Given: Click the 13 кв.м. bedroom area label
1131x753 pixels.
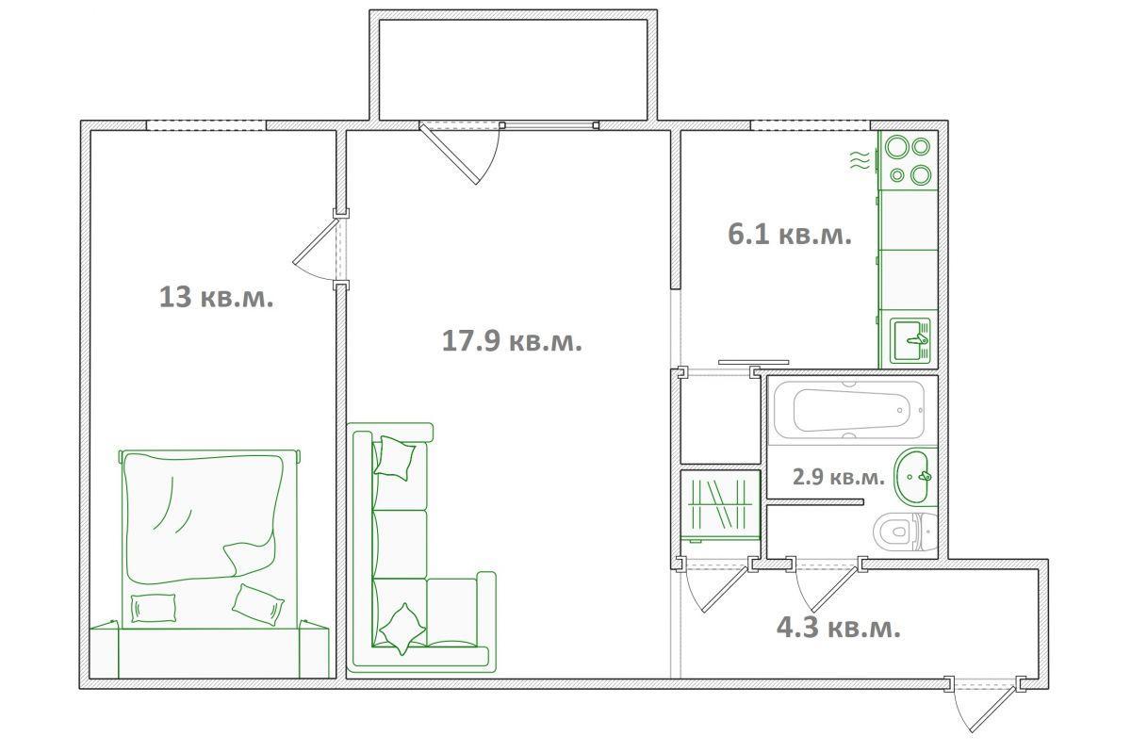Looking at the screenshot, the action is point(216,297).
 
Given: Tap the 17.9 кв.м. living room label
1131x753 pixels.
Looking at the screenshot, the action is point(512,341).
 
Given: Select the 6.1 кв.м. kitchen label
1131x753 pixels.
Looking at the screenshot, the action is point(790,235).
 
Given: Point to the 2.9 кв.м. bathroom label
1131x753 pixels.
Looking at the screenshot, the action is point(839,477).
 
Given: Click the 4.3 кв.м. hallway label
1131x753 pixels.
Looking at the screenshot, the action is point(839,629).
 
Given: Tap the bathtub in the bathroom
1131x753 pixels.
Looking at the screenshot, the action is point(850,411).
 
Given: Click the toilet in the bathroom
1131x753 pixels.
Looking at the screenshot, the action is point(905,532).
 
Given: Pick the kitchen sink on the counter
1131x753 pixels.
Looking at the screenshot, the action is point(910,340).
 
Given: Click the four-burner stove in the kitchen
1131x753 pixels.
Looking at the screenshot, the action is point(909,160).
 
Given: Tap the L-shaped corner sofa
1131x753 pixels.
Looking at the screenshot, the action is point(423,548).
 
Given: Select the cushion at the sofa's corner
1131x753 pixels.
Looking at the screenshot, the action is point(402,630).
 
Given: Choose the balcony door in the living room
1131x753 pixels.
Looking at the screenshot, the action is point(460,153).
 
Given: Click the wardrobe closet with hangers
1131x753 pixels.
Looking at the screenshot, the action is point(720,512).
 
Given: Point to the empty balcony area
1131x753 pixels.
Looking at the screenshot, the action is point(513,70).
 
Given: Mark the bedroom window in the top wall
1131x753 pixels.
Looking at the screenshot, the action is point(206,125).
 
